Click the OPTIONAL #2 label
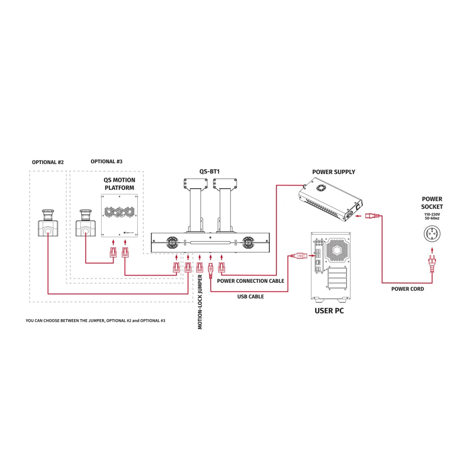click(48, 162)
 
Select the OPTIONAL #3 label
click(107, 161)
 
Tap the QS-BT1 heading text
click(209, 171)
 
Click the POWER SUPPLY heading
click(334, 172)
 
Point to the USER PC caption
click(329, 310)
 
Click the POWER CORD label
click(407, 289)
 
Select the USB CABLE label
click(250, 296)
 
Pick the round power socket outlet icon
click(432, 234)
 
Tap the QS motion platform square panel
click(120, 216)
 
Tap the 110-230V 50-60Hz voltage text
click(432, 217)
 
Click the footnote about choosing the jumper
click(96, 321)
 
